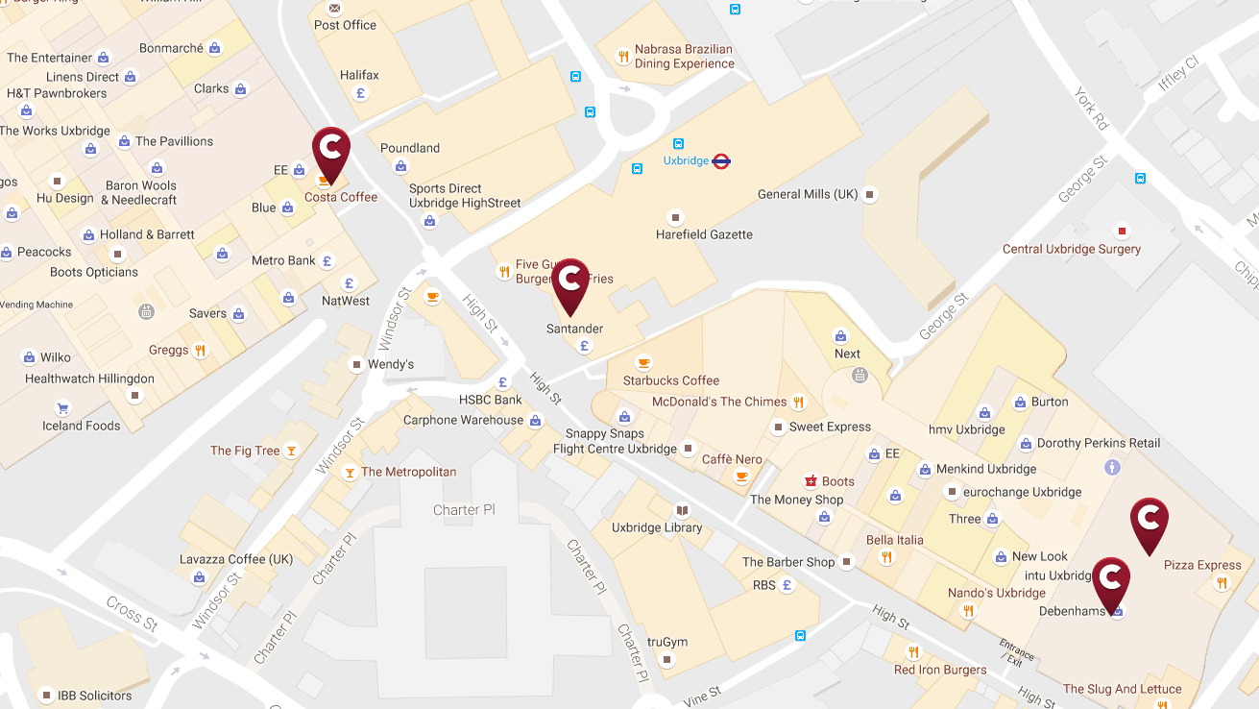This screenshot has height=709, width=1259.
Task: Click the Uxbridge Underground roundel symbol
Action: [x=721, y=161]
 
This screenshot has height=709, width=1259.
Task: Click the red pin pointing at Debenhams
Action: [x=1111, y=580]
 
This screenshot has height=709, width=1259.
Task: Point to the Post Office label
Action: [x=346, y=25]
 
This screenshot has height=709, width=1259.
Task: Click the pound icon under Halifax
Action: [x=361, y=93]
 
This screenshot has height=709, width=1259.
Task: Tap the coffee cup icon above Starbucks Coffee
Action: [x=643, y=362]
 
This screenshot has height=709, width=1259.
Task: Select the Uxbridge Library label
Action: [x=657, y=527]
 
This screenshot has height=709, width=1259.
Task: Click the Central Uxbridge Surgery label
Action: [x=1071, y=249]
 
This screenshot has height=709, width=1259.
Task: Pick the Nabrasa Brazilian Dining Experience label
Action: [x=684, y=57]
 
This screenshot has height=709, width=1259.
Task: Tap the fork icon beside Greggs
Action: [x=200, y=350]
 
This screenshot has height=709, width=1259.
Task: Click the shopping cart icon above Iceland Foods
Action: [x=62, y=407]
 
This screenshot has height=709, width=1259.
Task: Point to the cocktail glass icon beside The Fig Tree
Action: [x=292, y=451]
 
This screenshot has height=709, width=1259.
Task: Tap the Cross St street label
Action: [x=132, y=613]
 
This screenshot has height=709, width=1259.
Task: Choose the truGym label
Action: [x=666, y=643]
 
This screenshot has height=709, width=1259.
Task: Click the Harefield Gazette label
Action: [x=704, y=234]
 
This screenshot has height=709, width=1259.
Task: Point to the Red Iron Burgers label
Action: [x=939, y=670]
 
